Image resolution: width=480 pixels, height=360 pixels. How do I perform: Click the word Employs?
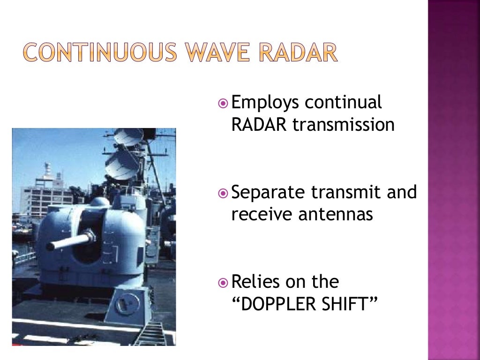pos(265,103)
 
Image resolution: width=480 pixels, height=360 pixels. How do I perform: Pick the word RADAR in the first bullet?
pos(259,125)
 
